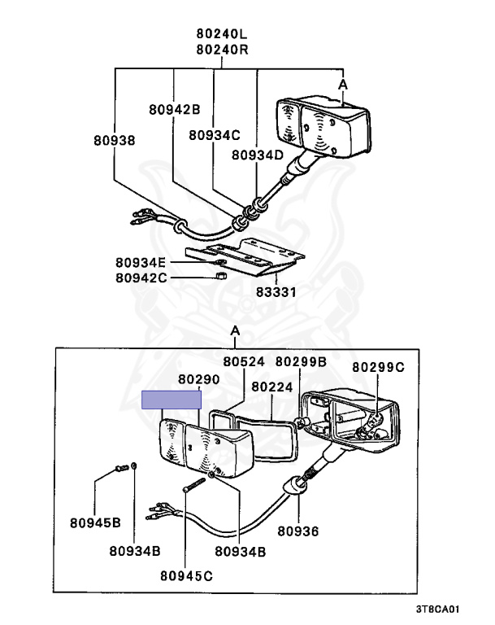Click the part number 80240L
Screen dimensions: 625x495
click(x=221, y=34)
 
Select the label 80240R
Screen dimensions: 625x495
click(x=221, y=49)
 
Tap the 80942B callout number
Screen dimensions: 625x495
click(x=174, y=108)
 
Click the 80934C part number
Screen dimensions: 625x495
click(x=215, y=135)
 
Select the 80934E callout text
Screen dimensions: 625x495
click(x=141, y=262)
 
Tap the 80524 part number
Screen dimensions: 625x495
click(x=244, y=361)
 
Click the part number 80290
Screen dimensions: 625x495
click(x=199, y=380)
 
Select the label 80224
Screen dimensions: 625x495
click(x=271, y=387)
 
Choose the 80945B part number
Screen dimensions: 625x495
click(x=95, y=522)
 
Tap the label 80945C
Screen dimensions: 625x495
click(x=186, y=576)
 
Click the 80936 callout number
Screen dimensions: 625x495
click(x=297, y=531)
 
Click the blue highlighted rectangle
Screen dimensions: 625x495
click(x=171, y=399)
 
